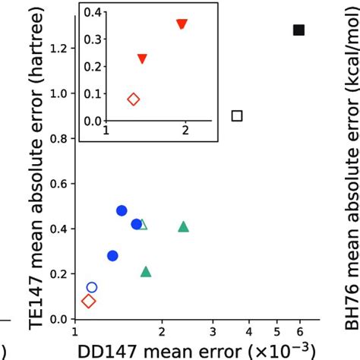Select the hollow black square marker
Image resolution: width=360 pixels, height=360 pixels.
pyautogui.click(x=237, y=115)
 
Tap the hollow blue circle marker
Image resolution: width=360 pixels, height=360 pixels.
pyautogui.click(x=92, y=287)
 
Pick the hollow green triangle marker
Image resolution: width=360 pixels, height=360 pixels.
pyautogui.click(x=143, y=224)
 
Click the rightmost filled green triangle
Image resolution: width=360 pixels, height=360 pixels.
pyautogui.click(x=183, y=226)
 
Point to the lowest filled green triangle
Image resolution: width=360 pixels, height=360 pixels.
pyautogui.click(x=146, y=271)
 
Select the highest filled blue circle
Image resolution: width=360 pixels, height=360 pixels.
pyautogui.click(x=122, y=210)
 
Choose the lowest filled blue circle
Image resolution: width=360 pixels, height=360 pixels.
pyautogui.click(x=112, y=256)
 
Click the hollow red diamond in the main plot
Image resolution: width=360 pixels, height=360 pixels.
pyautogui.click(x=88, y=302)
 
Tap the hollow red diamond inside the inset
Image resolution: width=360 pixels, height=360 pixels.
pyautogui.click(x=134, y=99)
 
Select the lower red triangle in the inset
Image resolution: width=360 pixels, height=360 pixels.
pyautogui.click(x=142, y=59)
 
